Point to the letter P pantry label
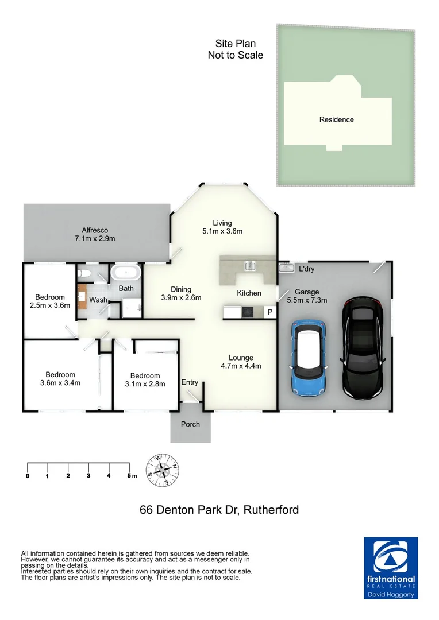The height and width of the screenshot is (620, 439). (x=269, y=312)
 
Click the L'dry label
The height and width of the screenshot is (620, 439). (x=306, y=269)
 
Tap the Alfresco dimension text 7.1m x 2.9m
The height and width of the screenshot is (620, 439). (x=95, y=238)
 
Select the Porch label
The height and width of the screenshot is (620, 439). (x=190, y=424)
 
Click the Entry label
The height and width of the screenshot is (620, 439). (x=190, y=382)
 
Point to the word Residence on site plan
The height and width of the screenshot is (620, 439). (x=337, y=119)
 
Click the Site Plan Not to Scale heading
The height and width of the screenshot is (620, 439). (x=235, y=49)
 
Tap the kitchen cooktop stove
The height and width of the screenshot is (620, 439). (x=247, y=312)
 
